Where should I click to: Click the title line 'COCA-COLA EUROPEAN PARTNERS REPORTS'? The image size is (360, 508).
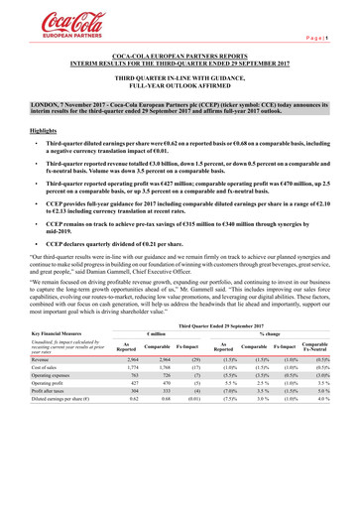click(x=180, y=59)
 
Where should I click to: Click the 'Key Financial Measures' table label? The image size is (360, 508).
click(x=61, y=392)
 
